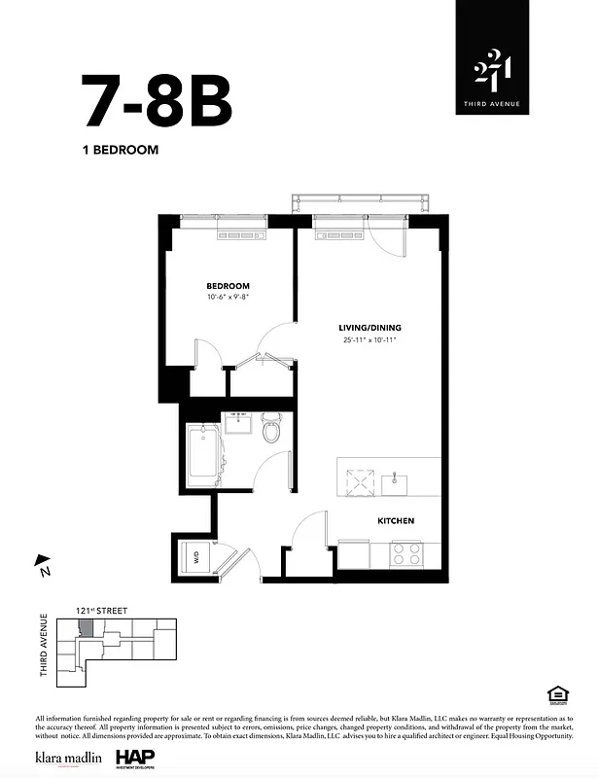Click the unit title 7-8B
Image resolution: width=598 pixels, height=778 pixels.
tap(158, 100)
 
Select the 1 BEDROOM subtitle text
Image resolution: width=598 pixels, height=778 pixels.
tap(120, 151)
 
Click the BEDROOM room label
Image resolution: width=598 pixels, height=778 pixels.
tap(228, 286)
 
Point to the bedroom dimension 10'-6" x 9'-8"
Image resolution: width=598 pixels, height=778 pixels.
tap(228, 298)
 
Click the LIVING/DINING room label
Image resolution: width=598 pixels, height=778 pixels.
tap(369, 328)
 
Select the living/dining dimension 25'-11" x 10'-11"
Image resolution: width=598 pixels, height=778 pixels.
tap(369, 340)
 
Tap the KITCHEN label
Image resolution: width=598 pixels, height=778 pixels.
tap(396, 521)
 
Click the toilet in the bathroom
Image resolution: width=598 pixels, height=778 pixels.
tap(271, 430)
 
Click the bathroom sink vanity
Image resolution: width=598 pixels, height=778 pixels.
tap(237, 423)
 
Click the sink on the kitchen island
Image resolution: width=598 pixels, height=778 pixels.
tap(398, 478)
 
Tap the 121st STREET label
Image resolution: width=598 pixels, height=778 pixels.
tap(101, 611)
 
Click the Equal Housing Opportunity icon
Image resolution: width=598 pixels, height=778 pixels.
tap(557, 693)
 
